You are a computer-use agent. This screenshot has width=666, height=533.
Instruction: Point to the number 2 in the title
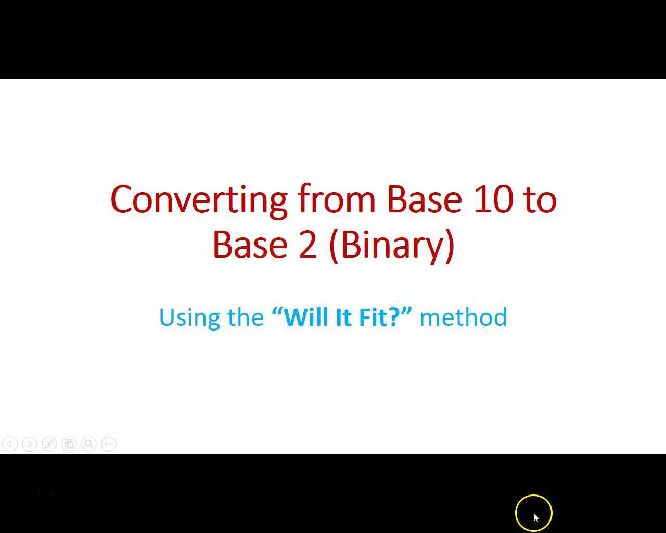click(x=308, y=245)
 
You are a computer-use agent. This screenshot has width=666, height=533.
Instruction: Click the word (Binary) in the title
click(x=392, y=245)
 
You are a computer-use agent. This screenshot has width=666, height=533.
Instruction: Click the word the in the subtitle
click(x=246, y=317)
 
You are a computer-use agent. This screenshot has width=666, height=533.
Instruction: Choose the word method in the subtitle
click(x=463, y=317)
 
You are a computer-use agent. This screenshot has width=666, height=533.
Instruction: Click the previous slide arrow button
click(x=10, y=444)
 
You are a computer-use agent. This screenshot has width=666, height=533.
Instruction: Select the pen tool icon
click(x=49, y=444)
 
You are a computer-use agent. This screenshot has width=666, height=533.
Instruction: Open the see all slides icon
click(x=69, y=444)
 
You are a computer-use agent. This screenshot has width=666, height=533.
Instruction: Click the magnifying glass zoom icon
click(x=89, y=444)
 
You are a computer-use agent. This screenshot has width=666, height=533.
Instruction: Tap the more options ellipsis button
click(x=109, y=444)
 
